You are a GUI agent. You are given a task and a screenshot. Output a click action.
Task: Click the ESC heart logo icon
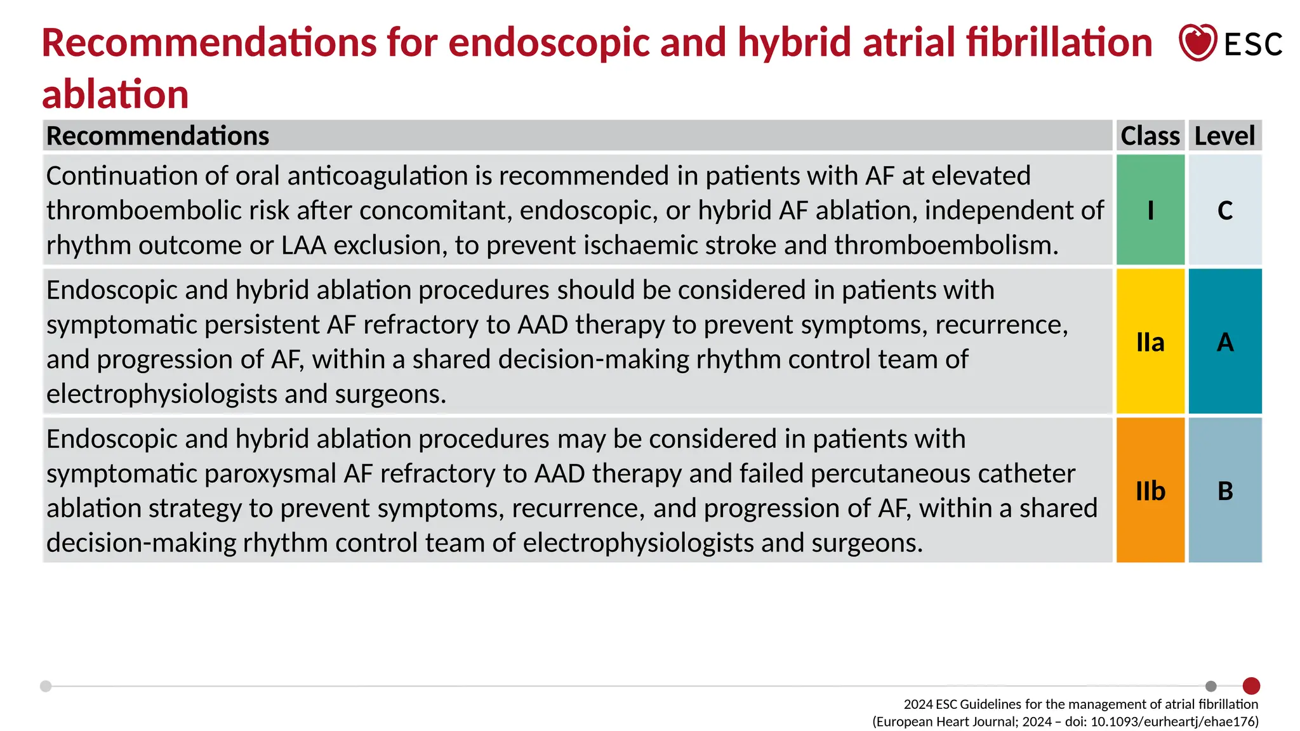click(x=1197, y=43)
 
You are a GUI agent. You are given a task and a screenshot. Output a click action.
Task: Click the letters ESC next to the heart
click(x=1253, y=44)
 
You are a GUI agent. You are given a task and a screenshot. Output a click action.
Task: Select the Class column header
click(x=1150, y=136)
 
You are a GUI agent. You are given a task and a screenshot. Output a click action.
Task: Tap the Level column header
click(x=1224, y=136)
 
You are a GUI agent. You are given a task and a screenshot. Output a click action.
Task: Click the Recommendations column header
click(x=157, y=136)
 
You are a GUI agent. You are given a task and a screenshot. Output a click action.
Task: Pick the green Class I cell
click(x=1150, y=210)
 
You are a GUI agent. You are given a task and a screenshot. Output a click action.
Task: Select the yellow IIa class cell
click(x=1150, y=342)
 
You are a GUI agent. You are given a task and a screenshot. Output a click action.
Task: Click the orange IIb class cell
click(x=1150, y=491)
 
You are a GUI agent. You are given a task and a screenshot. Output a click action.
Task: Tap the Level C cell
click(x=1224, y=210)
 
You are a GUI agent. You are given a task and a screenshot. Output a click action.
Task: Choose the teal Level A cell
click(x=1224, y=342)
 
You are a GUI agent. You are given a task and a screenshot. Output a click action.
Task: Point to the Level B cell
click(x=1224, y=491)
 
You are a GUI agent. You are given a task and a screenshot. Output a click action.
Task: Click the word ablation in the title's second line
click(x=116, y=95)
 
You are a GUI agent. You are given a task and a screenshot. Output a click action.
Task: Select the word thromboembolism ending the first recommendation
click(x=946, y=246)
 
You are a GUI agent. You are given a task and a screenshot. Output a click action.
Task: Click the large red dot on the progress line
click(x=1251, y=686)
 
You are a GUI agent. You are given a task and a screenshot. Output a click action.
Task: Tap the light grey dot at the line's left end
click(x=46, y=686)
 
